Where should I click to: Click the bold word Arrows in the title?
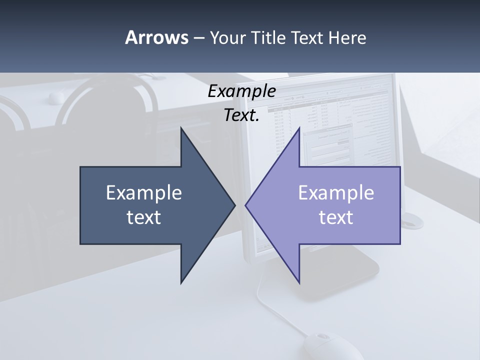pos(156,37)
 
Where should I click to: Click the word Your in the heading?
pos(226,37)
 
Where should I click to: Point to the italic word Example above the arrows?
pos(241,91)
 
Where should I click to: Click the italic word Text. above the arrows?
pos(241,115)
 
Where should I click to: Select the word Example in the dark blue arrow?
pos(144,193)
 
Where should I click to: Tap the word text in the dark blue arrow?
pos(144,217)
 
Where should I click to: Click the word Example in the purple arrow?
pos(336,193)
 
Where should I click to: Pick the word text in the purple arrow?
pos(336,217)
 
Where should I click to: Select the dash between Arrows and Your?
pos(198,38)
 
